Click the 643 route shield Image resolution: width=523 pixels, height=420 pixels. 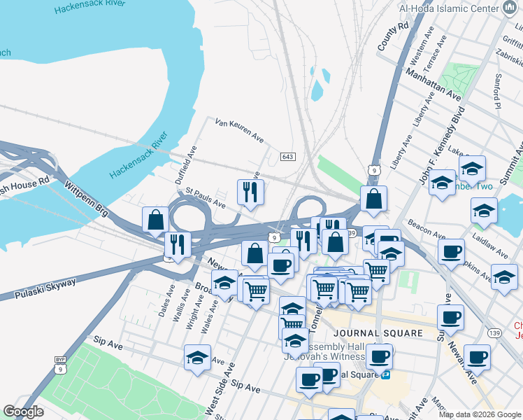click(287, 156)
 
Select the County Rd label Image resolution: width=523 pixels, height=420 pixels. click(393, 36)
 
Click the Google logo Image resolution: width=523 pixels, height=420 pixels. click(23, 412)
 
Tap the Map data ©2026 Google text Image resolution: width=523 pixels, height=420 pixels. click(480, 414)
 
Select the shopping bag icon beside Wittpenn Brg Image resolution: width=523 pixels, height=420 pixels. click(155, 220)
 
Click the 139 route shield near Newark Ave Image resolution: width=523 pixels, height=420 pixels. click(494, 332)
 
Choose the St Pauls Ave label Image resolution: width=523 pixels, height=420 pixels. click(205, 198)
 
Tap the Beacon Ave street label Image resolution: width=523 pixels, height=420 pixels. click(428, 233)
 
